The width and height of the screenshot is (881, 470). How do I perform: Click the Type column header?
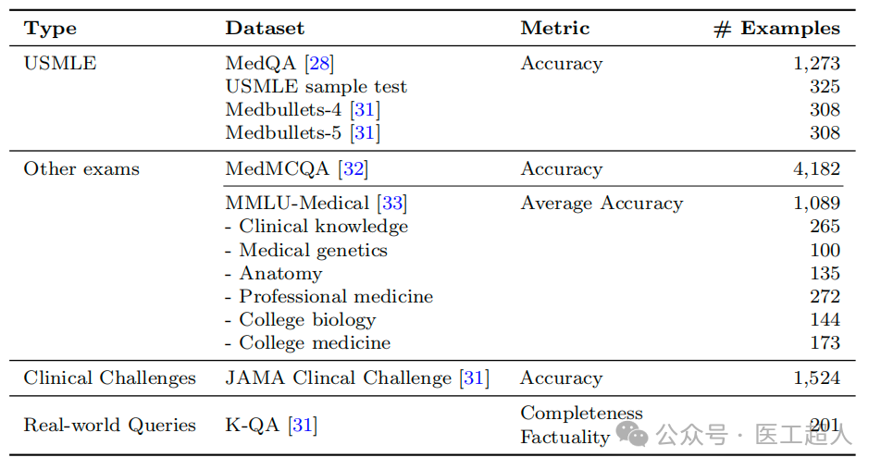tap(50, 29)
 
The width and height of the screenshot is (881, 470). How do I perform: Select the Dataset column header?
tap(265, 29)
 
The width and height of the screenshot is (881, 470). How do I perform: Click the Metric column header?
tap(554, 29)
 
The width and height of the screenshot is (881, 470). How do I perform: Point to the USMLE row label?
tap(60, 64)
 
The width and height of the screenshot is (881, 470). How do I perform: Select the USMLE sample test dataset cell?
tap(316, 87)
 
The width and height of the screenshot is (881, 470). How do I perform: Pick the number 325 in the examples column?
tap(824, 87)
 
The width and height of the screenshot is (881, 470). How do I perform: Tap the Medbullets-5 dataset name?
tap(283, 133)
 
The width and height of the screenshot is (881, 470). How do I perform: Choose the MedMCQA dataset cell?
tap(279, 169)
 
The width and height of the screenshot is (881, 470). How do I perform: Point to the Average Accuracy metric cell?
tap(602, 204)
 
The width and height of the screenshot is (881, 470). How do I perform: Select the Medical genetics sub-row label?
tap(313, 251)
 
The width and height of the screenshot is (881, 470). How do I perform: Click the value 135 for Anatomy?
tap(824, 274)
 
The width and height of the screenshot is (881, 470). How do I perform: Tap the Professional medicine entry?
tap(336, 297)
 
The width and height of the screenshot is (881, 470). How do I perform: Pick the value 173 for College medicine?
tap(824, 343)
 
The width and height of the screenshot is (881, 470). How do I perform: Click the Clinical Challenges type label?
tap(110, 378)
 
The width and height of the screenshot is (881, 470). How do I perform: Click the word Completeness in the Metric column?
tap(581, 414)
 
